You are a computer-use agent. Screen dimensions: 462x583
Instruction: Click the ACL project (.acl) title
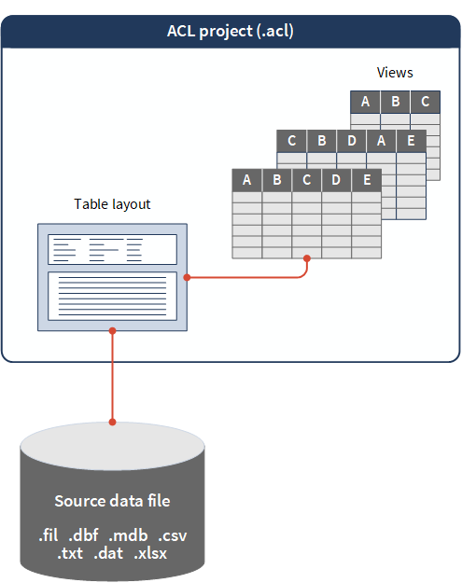231,31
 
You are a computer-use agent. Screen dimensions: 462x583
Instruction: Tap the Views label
395,73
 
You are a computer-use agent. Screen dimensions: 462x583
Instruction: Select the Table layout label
112,204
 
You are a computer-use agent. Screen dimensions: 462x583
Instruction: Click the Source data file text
112,501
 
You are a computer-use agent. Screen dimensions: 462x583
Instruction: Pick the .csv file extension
173,535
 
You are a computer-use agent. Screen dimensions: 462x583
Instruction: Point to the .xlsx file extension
150,553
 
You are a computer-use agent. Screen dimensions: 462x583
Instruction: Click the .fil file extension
49,535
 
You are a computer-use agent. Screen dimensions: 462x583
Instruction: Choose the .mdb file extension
128,535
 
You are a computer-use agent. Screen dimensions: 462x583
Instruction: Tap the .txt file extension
70,553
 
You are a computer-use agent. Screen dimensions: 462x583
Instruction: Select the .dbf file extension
83,535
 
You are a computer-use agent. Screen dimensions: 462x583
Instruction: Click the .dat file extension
108,553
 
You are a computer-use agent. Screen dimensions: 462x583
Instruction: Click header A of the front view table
247,180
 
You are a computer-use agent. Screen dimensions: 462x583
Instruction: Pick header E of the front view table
367,180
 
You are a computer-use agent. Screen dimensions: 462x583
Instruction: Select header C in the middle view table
292,141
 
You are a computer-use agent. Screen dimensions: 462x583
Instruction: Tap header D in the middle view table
352,141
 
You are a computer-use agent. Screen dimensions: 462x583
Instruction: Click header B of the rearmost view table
396,102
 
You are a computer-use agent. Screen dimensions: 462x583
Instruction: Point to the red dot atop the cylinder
112,422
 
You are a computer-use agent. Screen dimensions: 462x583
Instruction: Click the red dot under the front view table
307,258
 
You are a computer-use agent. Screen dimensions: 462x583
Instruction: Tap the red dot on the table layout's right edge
187,277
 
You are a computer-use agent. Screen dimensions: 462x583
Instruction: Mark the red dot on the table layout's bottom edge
112,330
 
